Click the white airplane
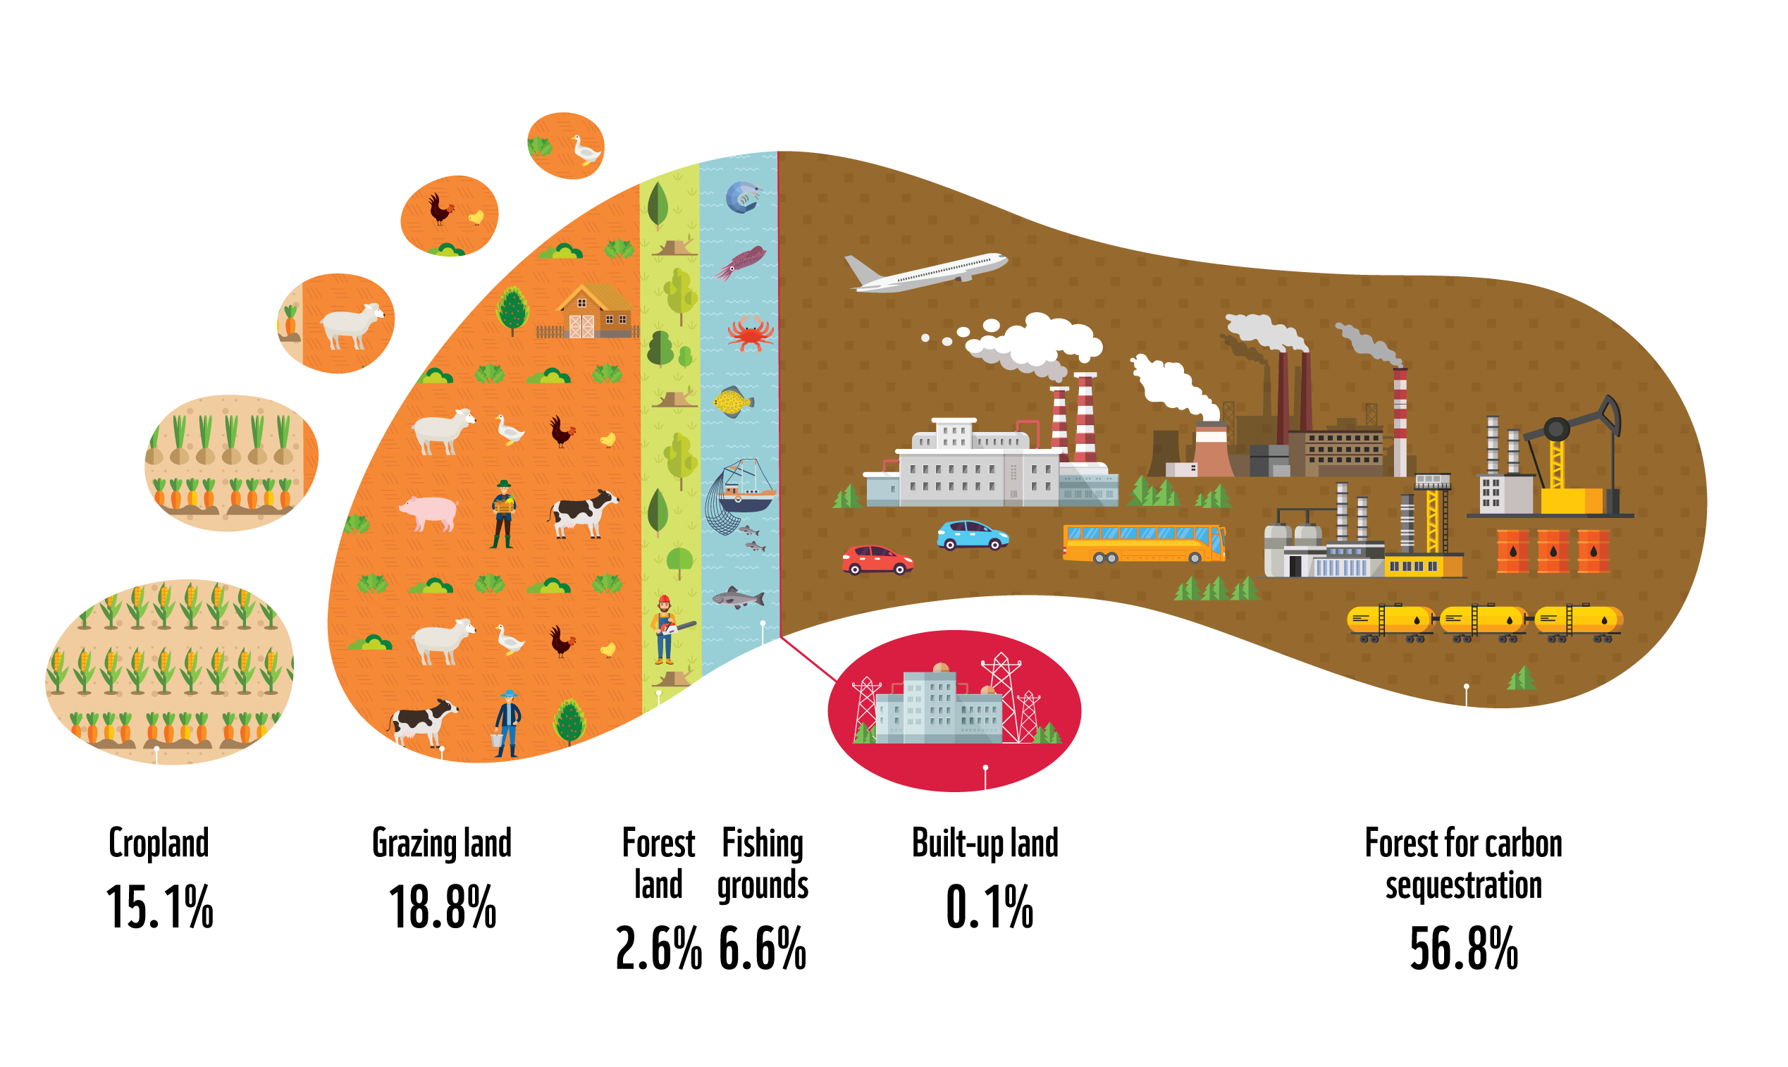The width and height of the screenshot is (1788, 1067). click(x=927, y=273)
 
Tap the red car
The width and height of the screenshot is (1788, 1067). click(x=877, y=560)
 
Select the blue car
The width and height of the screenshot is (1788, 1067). click(x=972, y=535)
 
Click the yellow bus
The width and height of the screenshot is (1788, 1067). click(x=1143, y=543)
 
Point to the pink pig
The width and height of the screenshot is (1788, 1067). click(x=430, y=512)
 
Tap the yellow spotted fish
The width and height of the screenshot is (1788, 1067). click(x=732, y=402)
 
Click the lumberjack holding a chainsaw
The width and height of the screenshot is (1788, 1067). click(x=666, y=630)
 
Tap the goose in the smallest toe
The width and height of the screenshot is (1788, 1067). click(x=585, y=150)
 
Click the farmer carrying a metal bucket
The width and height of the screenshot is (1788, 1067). click(x=507, y=723)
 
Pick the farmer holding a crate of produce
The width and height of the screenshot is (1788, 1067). click(x=504, y=513)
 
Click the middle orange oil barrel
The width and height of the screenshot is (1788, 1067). click(x=1553, y=550)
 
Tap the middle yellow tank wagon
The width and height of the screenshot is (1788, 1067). click(x=1483, y=619)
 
